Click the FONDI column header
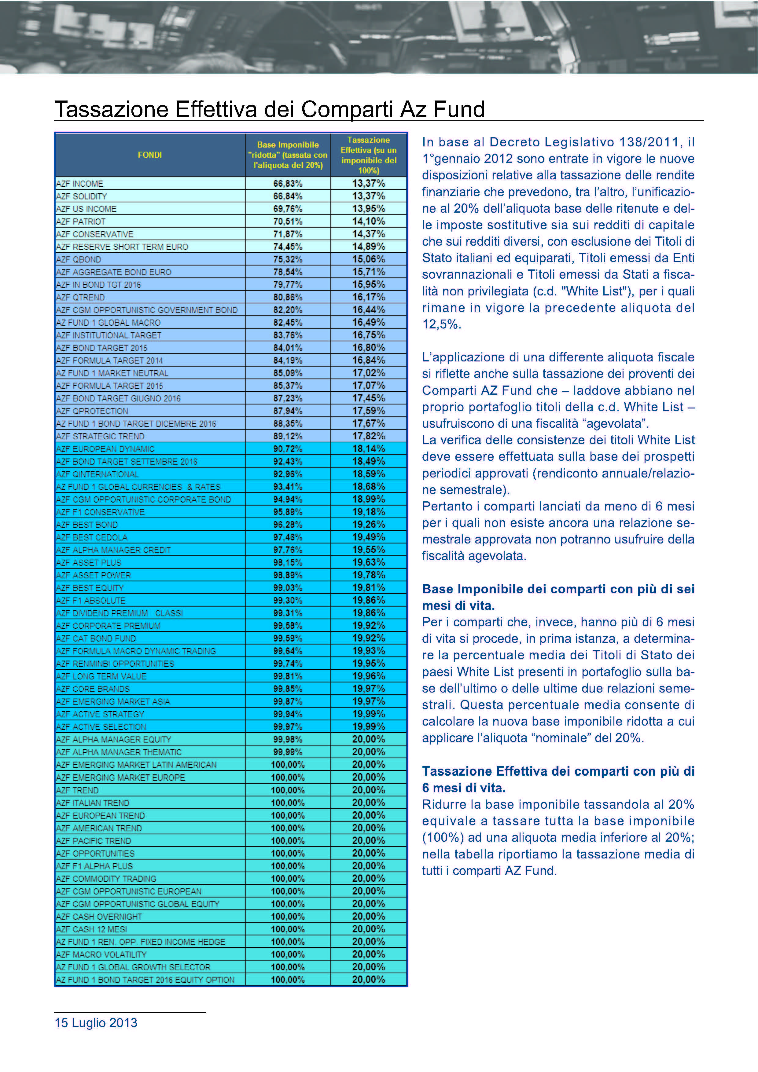[149, 155]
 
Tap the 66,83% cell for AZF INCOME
[288, 184]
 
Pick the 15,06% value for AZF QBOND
[369, 259]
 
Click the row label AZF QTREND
[80, 298]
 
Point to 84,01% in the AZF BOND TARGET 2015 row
[288, 348]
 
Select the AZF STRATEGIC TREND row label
[101, 436]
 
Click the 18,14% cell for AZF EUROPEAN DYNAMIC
[369, 449]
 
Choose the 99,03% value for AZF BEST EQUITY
[288, 588]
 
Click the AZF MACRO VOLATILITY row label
[101, 954]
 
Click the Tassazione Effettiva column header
[369, 155]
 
